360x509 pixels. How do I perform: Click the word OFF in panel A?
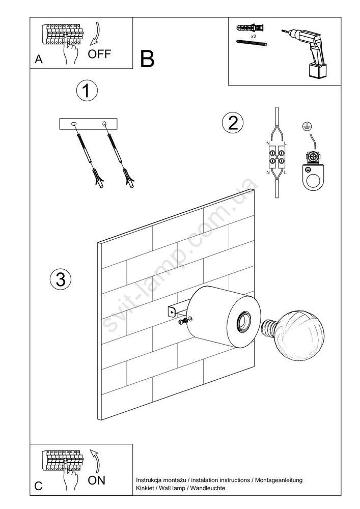click(x=99, y=54)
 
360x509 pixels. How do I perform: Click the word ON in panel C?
click(x=96, y=480)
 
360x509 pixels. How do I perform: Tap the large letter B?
click(x=147, y=60)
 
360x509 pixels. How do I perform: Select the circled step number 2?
click(x=232, y=123)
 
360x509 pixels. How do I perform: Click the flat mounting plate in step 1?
click(x=88, y=124)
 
